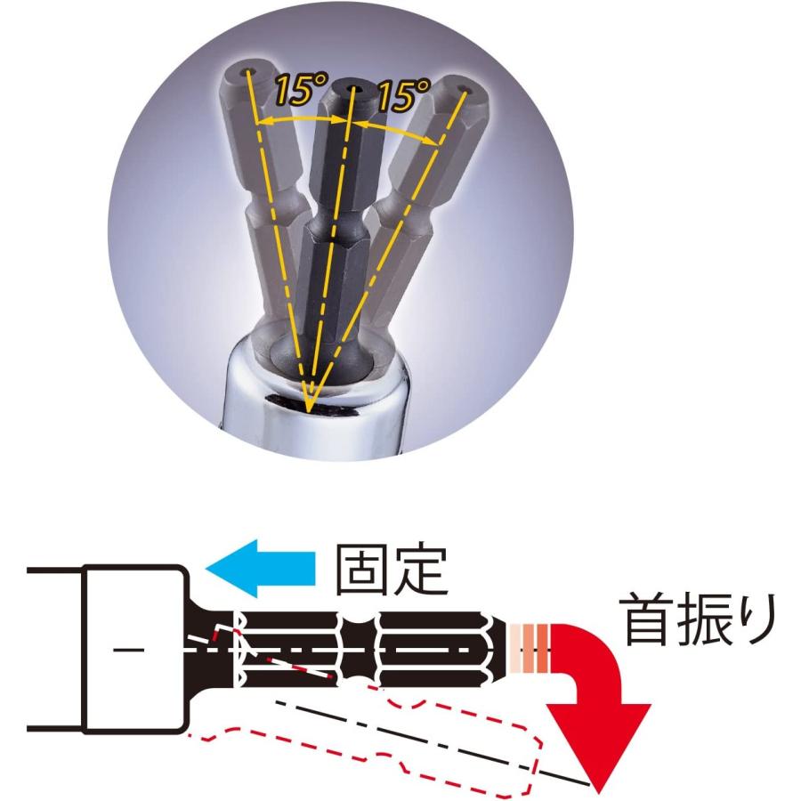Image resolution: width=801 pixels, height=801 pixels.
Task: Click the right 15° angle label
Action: [403, 94]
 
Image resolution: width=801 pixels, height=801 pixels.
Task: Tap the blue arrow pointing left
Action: [260, 569]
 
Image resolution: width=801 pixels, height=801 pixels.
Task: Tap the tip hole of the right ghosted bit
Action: [464, 92]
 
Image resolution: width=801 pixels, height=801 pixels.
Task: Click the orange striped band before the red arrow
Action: [531, 649]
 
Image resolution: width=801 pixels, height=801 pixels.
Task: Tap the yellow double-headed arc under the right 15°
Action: [397, 130]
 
